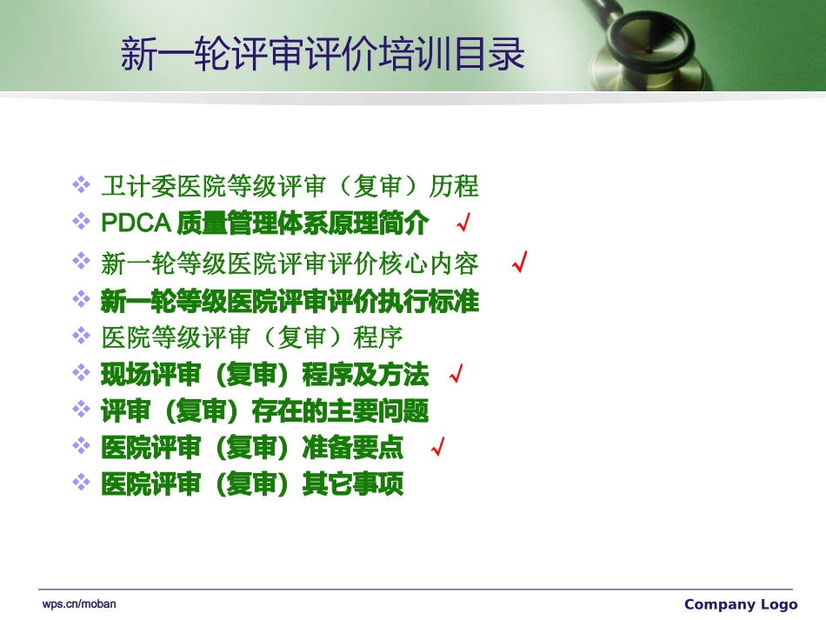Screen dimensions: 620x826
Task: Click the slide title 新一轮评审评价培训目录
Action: click(323, 54)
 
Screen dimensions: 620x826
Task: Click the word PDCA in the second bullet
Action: click(135, 223)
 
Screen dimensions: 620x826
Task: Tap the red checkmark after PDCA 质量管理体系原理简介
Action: click(463, 224)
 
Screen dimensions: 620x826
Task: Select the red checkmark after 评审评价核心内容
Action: click(520, 262)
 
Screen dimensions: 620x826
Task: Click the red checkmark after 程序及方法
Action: click(455, 375)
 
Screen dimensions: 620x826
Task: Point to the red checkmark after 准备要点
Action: click(438, 447)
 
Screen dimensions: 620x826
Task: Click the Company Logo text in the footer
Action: click(740, 604)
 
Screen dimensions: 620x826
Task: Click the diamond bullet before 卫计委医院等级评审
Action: click(81, 184)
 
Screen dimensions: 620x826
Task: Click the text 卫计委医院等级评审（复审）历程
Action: click(290, 186)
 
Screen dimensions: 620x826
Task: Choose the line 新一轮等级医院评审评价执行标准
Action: click(290, 302)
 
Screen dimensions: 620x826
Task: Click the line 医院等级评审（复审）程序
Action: click(252, 337)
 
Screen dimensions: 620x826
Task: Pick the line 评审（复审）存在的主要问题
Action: click(265, 410)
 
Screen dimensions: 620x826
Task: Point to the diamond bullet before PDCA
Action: click(81, 222)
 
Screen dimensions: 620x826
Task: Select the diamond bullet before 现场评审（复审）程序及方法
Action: click(81, 373)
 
